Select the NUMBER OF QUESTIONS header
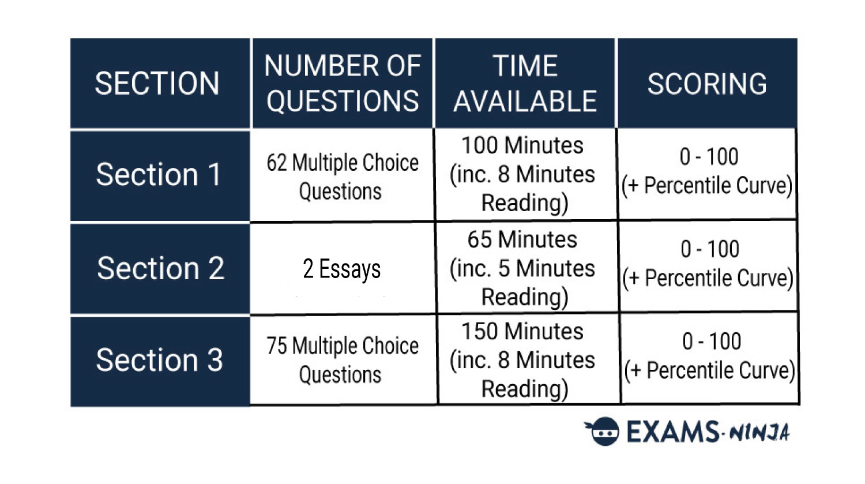tap(343, 83)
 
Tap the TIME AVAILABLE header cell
tap(525, 83)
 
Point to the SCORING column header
tap(708, 83)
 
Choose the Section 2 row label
tap(160, 269)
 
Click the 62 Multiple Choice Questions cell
tap(343, 176)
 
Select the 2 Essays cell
tap(343, 269)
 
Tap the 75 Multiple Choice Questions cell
tap(343, 360)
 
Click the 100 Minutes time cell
tap(525, 175)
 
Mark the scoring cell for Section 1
tap(708, 174)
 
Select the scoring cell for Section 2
tap(709, 266)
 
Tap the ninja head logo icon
tap(603, 431)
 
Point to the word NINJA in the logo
tap(759, 433)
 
